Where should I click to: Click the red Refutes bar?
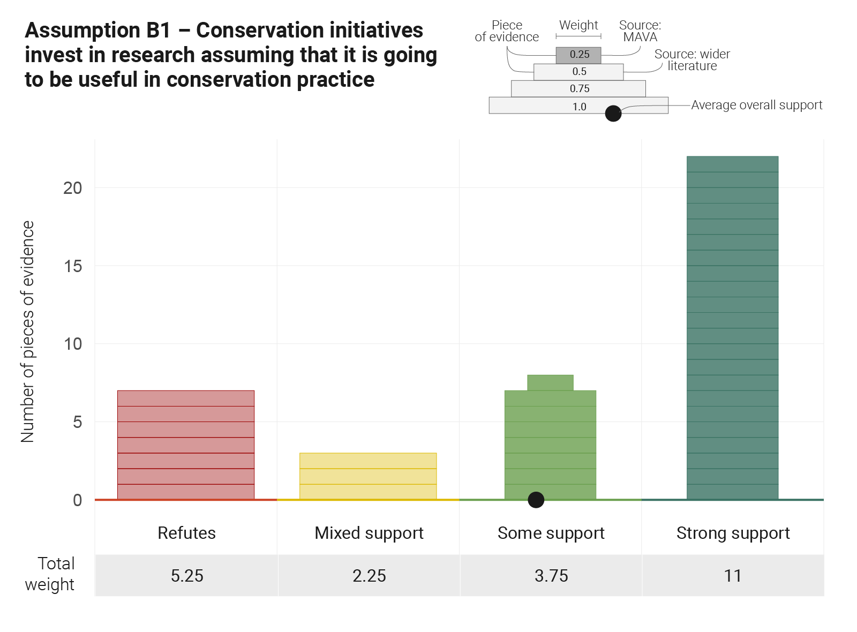coord(186,445)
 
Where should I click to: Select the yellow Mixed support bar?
coord(368,476)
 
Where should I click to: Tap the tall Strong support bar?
coord(732,328)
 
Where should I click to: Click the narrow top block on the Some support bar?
coord(550,382)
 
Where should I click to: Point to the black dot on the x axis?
coord(536,500)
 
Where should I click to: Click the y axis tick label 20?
coord(73,188)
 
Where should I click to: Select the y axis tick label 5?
coord(78,422)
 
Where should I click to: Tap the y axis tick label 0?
coord(78,500)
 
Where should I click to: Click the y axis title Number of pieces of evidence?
coord(28,332)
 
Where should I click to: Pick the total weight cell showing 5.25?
coord(187,576)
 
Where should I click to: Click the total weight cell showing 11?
coord(732,576)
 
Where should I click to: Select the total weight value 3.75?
coord(551,576)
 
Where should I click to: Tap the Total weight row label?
coord(50,574)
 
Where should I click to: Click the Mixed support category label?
coord(369,533)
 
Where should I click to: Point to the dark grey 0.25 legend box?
coord(578,55)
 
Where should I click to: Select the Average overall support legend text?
coord(756,105)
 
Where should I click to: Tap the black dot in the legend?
coord(613,114)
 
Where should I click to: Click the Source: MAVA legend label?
coord(640,31)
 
